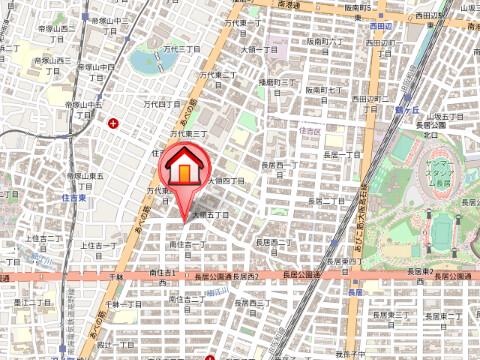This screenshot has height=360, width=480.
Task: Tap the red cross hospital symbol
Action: pos(112,124)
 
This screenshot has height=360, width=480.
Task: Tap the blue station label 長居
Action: pos(355,291)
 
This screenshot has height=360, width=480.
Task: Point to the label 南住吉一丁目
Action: pos(187,244)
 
